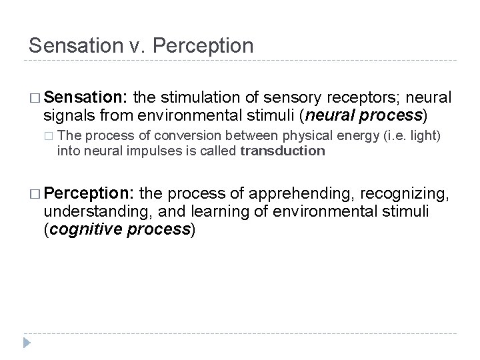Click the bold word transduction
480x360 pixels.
tap(282, 151)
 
